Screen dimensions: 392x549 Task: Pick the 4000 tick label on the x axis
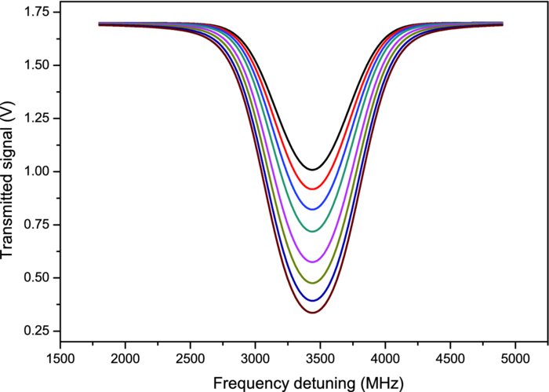click(x=384, y=358)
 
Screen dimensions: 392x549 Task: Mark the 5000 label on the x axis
click(x=514, y=358)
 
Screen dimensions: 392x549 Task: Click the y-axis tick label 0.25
click(x=35, y=331)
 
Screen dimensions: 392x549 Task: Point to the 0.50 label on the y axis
click(x=35, y=277)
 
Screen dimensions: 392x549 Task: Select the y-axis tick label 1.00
click(x=35, y=171)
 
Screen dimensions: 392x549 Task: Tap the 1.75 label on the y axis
click(x=35, y=12)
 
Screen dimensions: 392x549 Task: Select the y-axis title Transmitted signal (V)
click(x=9, y=178)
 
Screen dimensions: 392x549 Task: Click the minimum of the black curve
click(x=313, y=170)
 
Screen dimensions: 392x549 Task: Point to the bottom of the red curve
click(x=313, y=189)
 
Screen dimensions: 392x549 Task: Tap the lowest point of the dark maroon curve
click(x=313, y=313)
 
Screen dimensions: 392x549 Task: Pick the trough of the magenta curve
click(x=313, y=262)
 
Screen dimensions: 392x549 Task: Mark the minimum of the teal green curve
click(x=313, y=231)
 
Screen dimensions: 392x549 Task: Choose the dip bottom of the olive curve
click(x=313, y=283)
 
